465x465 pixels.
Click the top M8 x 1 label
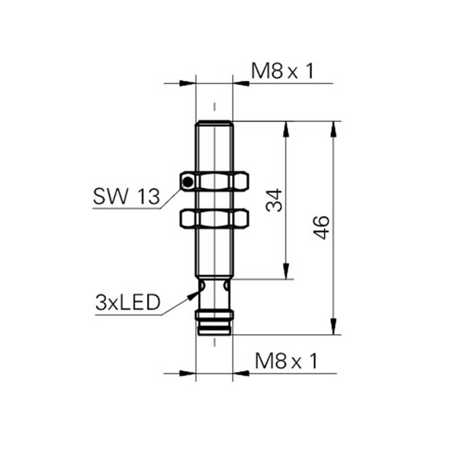coord(282,71)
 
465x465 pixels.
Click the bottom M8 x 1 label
coord(286,361)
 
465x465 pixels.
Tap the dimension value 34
coord(274,200)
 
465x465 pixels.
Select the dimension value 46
coord(321,227)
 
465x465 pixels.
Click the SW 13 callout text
coord(126,196)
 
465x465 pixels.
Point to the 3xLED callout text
coord(128,302)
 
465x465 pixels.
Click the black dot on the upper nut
coord(188,182)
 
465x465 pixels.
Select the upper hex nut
coord(214,181)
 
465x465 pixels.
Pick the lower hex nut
coord(214,219)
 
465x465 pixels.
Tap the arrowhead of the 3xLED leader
coord(194,295)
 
